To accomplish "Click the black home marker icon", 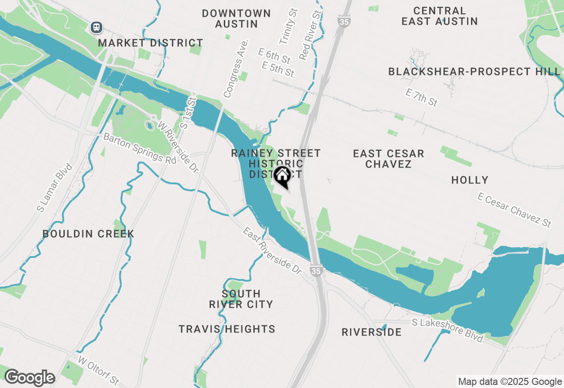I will click(x=282, y=176).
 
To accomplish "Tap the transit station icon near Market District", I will click(x=96, y=27).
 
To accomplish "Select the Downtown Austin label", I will click(x=237, y=19).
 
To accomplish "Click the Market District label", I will click(x=151, y=43).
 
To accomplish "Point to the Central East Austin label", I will click(x=440, y=16).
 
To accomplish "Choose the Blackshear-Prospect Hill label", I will click(x=475, y=71).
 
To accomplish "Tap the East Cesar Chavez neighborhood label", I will click(x=389, y=159).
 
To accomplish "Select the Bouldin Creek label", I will click(x=88, y=234).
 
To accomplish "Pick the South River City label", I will click(x=241, y=299).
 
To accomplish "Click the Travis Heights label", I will click(x=227, y=329).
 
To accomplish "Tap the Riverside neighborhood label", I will click(x=371, y=332).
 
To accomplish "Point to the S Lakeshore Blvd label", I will click(x=448, y=330).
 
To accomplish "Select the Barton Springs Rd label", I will click(x=140, y=149).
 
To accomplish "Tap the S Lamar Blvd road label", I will click(x=55, y=188).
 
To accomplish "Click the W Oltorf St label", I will click(x=99, y=370).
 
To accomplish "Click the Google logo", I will click(x=29, y=378).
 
